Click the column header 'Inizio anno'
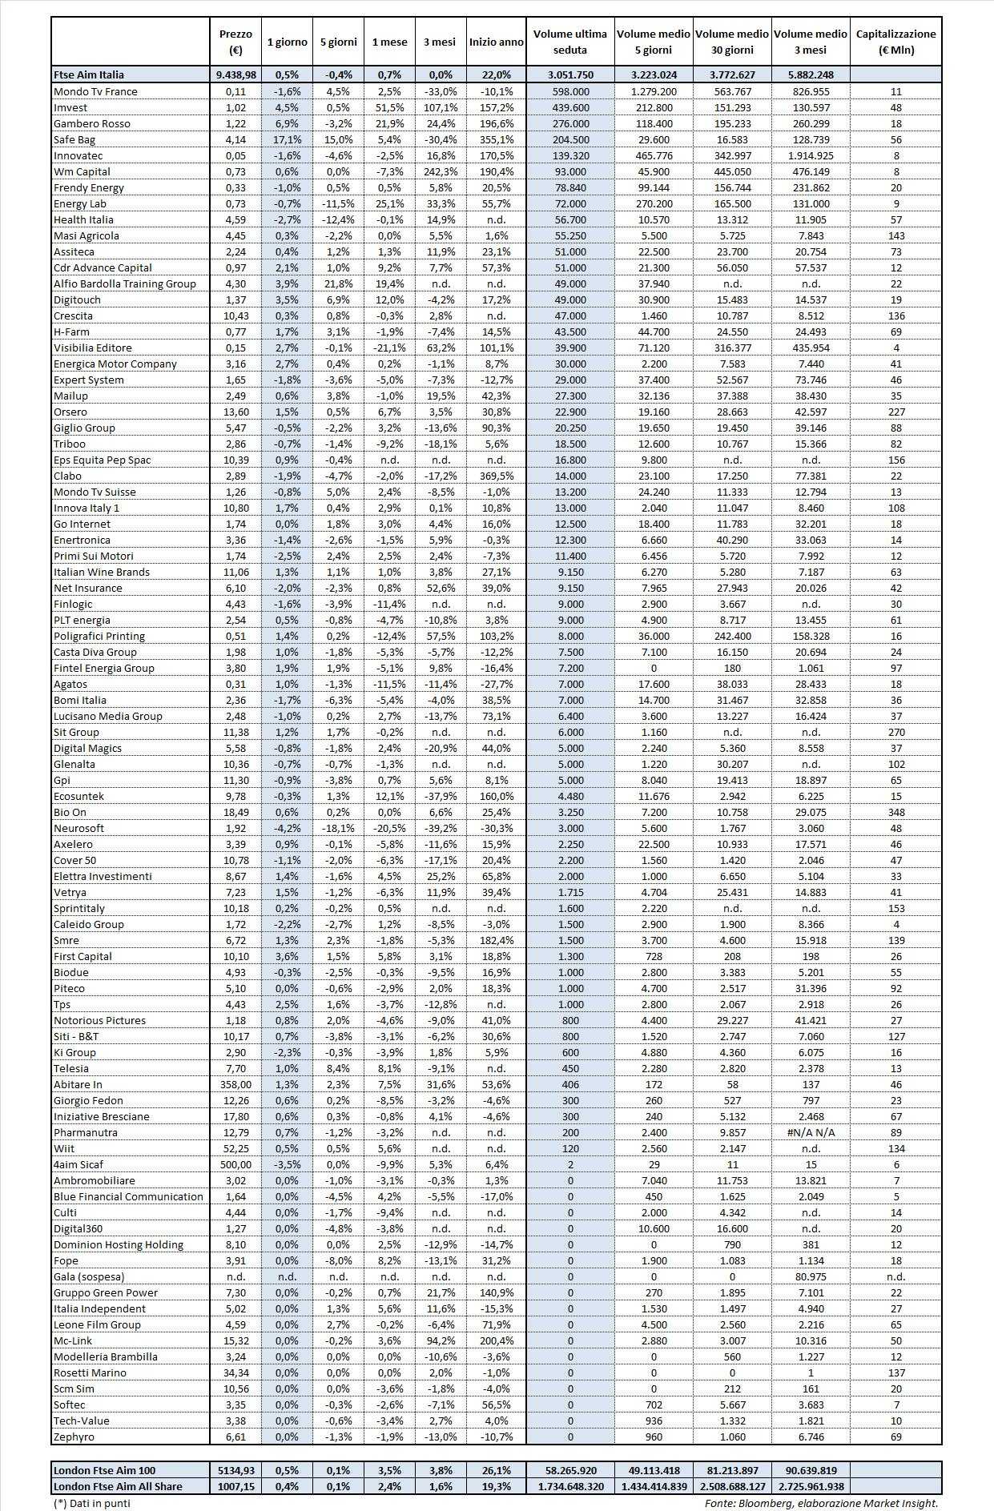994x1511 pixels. point(496,42)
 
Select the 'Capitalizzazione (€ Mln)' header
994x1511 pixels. point(895,42)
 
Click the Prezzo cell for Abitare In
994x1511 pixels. point(235,1084)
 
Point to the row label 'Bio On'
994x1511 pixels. point(70,812)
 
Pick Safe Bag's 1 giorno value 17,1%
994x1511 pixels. point(287,139)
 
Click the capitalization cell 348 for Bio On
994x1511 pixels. point(895,812)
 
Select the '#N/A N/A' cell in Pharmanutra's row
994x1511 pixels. point(811,1132)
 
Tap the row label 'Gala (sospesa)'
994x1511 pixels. point(89,1276)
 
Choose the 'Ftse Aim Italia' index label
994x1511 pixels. point(89,74)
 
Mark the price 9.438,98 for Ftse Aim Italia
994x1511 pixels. point(235,74)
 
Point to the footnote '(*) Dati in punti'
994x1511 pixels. point(92,1503)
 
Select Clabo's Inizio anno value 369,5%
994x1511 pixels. point(496,476)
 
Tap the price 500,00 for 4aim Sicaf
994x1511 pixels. point(235,1164)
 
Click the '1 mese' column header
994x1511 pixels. point(389,42)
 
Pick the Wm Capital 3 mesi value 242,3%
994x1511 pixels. point(439,171)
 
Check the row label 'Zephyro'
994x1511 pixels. point(74,1437)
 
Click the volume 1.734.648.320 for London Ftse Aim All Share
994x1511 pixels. point(570,1486)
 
